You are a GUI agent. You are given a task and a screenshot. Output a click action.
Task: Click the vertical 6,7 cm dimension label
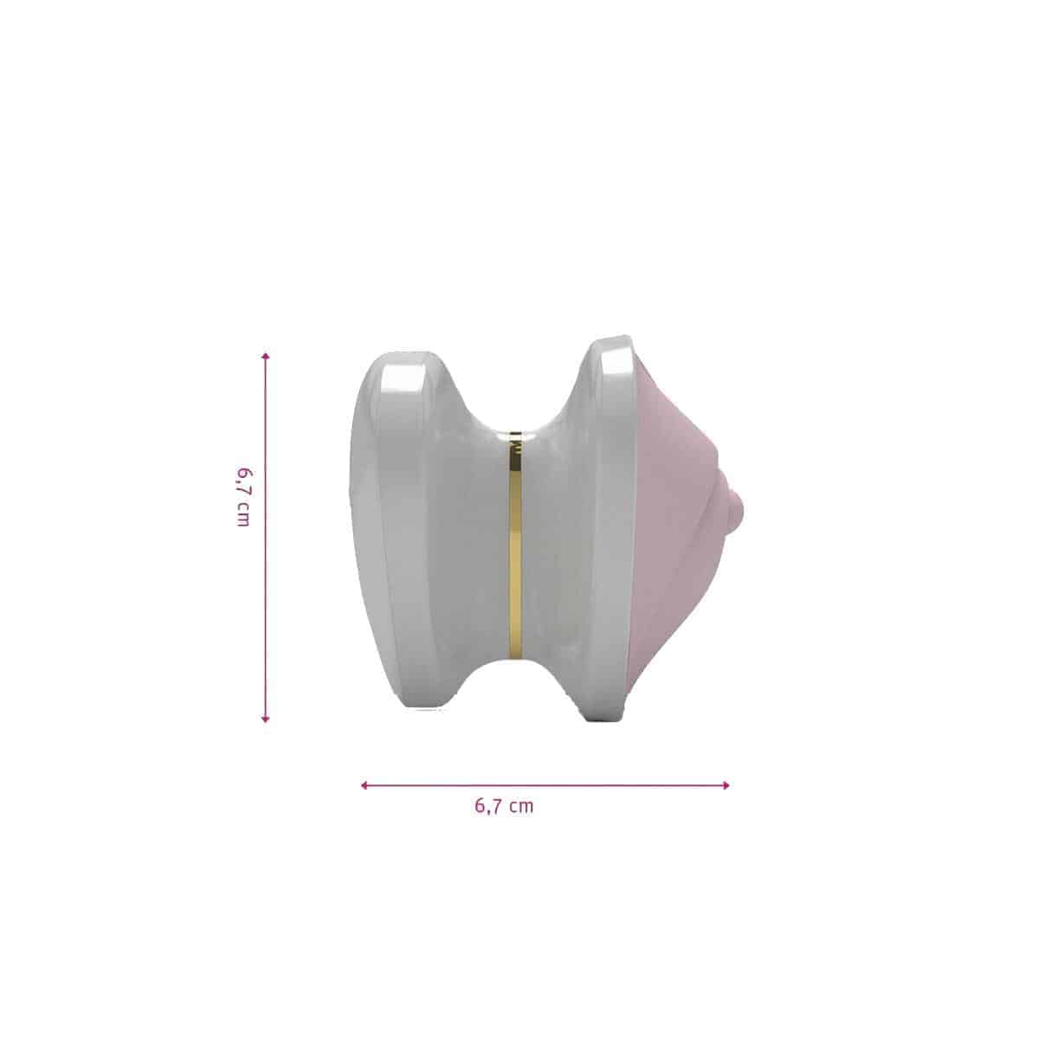[242, 497]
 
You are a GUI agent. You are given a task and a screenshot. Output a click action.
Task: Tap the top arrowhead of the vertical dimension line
[265, 357]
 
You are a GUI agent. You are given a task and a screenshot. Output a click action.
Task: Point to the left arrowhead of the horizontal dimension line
[365, 785]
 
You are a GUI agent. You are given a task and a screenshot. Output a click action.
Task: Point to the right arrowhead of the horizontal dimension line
[726, 785]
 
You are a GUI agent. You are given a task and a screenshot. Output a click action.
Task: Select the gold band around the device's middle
[515, 545]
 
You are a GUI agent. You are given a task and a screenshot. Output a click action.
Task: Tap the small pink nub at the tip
[739, 513]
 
